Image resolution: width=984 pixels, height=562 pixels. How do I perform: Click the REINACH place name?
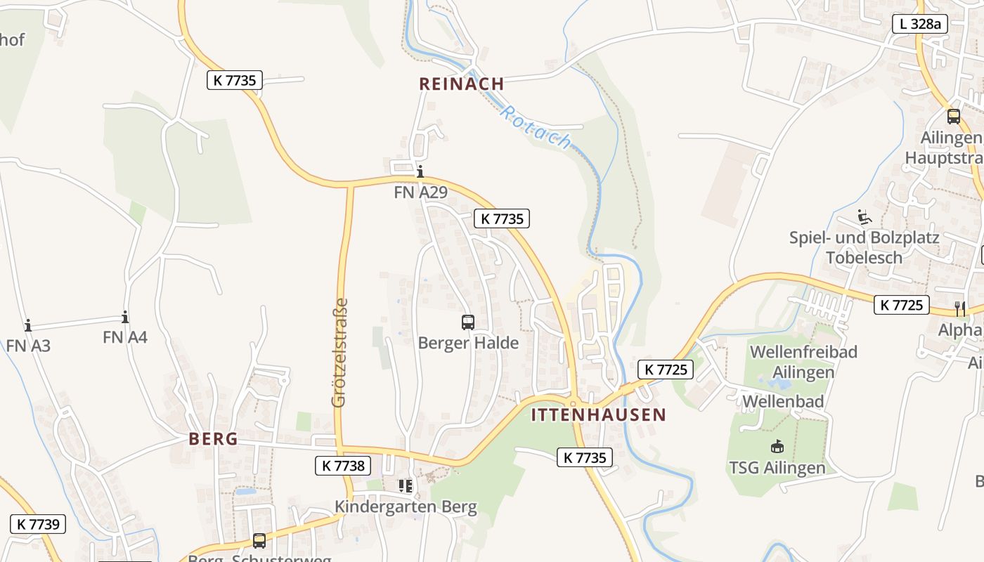click(x=462, y=84)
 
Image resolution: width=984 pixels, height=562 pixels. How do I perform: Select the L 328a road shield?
click(x=920, y=23)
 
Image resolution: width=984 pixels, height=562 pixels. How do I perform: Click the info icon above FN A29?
click(x=420, y=171)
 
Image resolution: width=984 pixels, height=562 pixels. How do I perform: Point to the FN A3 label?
click(x=28, y=345)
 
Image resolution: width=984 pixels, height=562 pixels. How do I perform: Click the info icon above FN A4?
click(x=125, y=317)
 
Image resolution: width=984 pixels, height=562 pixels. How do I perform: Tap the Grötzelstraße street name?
click(x=340, y=353)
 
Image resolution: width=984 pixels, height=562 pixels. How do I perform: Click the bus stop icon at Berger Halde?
click(x=468, y=322)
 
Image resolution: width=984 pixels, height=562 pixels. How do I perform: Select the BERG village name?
click(x=213, y=439)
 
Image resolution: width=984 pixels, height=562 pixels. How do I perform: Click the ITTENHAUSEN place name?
click(x=598, y=414)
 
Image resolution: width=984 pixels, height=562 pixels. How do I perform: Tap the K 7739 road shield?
click(x=38, y=523)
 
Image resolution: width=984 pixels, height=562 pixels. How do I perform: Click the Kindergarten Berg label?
click(x=406, y=507)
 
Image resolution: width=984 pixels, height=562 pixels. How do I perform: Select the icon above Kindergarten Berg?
click(x=406, y=485)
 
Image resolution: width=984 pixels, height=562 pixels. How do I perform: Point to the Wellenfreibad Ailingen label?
click(x=803, y=361)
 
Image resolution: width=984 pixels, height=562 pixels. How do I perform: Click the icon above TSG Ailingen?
click(x=777, y=446)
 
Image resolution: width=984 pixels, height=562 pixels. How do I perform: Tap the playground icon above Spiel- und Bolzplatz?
click(x=864, y=217)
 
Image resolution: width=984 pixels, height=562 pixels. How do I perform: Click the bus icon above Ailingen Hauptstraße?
click(x=953, y=117)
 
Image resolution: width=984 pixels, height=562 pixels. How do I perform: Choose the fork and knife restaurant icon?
click(x=960, y=308)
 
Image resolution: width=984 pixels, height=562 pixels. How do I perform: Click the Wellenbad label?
click(x=784, y=402)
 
